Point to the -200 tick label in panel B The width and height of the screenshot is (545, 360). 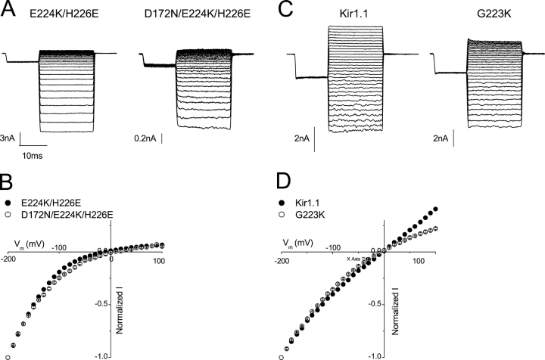tap(10, 259)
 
